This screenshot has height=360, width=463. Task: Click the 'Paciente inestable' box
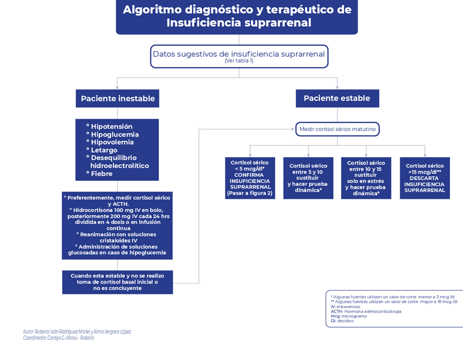click(117, 99)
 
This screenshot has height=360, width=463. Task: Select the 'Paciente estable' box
click(337, 98)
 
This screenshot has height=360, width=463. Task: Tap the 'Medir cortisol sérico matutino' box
click(337, 129)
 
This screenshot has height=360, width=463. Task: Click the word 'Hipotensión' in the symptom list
click(111, 127)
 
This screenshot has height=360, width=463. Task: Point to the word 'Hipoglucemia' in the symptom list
click(115, 134)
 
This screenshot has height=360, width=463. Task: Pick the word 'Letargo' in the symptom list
click(104, 150)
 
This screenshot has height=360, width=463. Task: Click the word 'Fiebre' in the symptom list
click(102, 174)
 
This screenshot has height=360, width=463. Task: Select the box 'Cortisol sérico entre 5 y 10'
click(308, 178)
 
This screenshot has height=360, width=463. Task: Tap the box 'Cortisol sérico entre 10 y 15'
click(366, 178)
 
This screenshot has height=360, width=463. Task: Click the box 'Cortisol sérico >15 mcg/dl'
click(425, 178)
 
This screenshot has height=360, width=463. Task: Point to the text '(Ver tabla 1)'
click(239, 61)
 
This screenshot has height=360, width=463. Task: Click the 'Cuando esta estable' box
click(117, 282)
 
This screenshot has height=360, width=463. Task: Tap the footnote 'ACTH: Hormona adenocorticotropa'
click(366, 311)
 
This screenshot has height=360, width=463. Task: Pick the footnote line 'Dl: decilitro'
click(342, 321)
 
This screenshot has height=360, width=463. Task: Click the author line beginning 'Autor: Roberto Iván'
click(77, 332)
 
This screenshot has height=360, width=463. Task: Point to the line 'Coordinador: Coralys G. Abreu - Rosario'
click(58, 338)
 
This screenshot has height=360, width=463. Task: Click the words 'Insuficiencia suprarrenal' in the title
click(239, 23)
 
